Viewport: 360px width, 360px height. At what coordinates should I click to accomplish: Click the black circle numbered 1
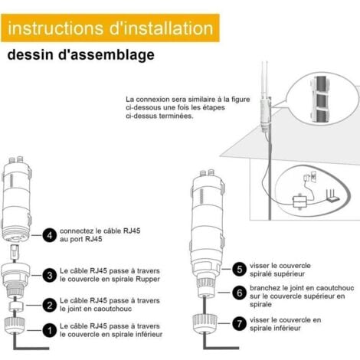(50, 330)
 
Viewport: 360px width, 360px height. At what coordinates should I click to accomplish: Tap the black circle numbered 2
(50, 305)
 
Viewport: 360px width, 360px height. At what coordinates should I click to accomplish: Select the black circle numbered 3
(50, 275)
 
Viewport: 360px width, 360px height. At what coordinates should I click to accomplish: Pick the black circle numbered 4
(50, 235)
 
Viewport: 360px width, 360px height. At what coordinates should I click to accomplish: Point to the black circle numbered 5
(240, 269)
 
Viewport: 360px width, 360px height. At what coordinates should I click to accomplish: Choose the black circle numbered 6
(240, 293)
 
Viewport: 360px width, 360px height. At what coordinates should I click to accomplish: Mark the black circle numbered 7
(240, 324)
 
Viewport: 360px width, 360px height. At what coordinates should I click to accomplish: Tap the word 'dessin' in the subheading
(31, 54)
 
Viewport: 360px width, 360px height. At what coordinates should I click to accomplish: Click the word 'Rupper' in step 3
(148, 280)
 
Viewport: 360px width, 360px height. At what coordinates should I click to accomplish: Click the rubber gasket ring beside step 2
(17, 306)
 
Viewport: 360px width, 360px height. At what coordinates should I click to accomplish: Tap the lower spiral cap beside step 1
(15, 326)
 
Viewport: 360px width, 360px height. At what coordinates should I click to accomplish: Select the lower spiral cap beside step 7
(205, 324)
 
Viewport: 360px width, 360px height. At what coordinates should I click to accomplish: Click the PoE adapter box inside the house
(299, 201)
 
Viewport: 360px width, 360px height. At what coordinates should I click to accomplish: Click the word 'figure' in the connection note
(241, 100)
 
